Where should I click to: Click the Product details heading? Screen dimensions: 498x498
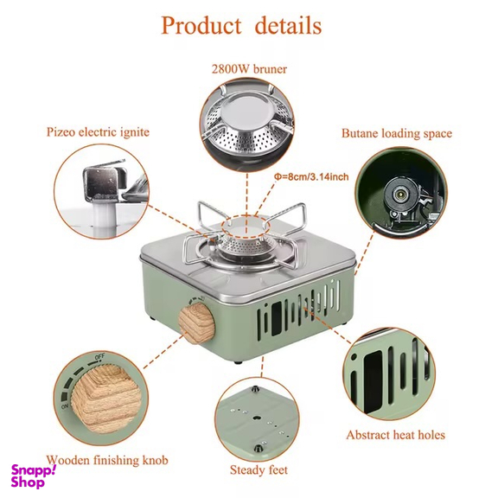click(x=241, y=25)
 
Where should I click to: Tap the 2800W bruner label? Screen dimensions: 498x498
click(x=249, y=69)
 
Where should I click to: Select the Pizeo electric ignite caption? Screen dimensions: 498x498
click(x=99, y=131)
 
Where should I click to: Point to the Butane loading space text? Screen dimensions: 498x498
click(x=397, y=133)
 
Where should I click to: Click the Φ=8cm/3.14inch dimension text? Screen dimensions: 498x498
click(x=311, y=176)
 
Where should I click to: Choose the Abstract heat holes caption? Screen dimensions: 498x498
click(x=396, y=435)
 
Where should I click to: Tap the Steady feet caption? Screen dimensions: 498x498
click(x=259, y=469)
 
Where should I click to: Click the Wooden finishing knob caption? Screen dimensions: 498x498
click(x=107, y=460)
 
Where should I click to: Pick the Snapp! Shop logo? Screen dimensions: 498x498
click(x=34, y=476)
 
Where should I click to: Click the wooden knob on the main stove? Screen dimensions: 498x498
click(x=196, y=323)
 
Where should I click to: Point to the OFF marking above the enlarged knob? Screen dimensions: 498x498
click(x=99, y=357)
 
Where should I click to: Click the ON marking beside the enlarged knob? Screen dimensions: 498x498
click(x=65, y=406)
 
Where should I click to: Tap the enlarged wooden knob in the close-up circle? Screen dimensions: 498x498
click(x=105, y=399)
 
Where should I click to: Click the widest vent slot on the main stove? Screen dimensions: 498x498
click(x=276, y=318)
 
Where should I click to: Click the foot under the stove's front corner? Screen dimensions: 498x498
click(x=239, y=362)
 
